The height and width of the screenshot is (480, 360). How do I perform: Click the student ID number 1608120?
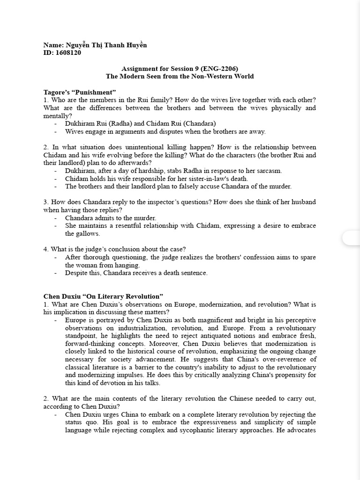tap(68, 53)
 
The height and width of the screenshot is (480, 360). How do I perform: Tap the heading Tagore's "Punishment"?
tap(79, 91)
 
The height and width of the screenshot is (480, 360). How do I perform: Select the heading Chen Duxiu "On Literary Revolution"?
tap(103, 296)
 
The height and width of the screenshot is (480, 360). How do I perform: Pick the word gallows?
tap(76, 233)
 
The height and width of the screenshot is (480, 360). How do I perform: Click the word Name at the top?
tap(52, 45)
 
